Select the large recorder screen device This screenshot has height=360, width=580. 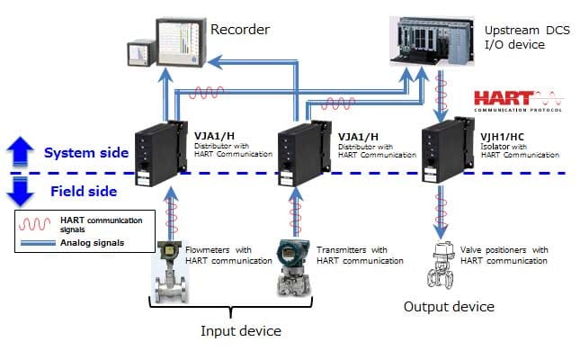(183, 43)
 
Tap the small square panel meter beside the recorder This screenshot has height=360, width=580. (139, 55)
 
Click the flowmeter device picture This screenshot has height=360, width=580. (168, 271)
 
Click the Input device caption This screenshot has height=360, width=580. (240, 330)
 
